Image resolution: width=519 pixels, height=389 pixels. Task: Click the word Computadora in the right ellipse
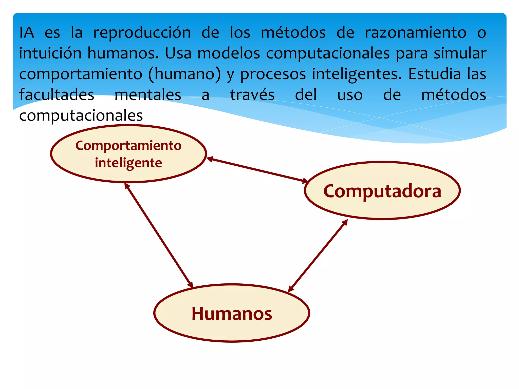[382, 191]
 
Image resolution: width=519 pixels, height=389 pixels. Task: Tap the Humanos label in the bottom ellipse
[232, 314]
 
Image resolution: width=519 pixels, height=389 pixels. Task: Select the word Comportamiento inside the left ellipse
[128, 146]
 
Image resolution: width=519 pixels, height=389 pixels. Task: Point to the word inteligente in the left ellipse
[128, 163]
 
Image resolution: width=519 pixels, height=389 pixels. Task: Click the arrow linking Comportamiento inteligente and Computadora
[257, 170]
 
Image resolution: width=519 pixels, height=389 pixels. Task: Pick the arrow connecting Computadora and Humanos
[318, 256]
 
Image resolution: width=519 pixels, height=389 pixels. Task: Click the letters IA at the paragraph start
[27, 33]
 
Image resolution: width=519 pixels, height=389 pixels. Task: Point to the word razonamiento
[415, 33]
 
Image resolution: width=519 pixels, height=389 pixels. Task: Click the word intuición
[50, 53]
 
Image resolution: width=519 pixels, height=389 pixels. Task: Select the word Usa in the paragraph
[178, 53]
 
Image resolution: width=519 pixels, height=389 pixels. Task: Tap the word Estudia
[434, 74]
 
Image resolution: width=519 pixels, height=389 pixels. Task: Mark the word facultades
[57, 95]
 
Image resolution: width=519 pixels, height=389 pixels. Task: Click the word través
[252, 95]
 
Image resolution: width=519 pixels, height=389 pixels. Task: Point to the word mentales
[148, 95]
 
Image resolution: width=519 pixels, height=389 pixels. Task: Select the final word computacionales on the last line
[81, 116]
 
